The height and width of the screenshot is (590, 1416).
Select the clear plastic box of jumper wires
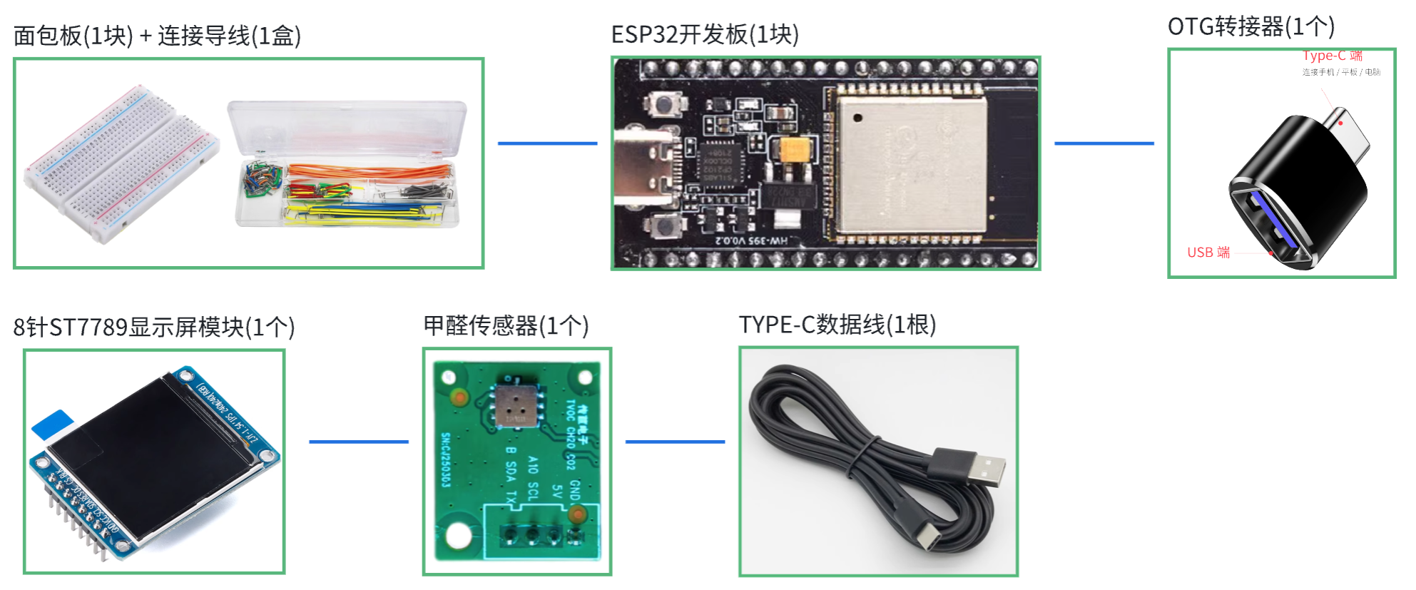347,164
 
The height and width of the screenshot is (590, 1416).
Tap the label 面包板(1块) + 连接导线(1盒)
157,36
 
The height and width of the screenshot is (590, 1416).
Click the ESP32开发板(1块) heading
705,34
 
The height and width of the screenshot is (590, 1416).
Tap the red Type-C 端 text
1332,56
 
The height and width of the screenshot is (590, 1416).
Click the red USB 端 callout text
1208,253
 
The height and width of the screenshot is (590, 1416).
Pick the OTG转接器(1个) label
1251,26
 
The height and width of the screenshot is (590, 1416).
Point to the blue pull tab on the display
51,424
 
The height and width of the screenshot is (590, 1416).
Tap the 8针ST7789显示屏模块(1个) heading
154,327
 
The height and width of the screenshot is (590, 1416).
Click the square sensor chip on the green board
516,406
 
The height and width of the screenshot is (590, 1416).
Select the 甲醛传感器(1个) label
506,326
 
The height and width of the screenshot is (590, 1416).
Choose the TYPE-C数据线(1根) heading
837,325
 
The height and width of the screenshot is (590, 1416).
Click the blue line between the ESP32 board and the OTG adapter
1104,143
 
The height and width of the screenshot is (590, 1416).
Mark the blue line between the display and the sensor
358,442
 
